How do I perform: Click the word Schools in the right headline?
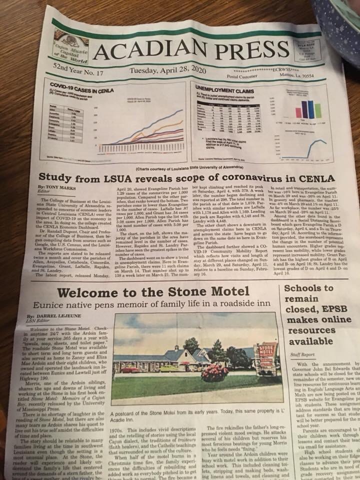[x=301, y=288]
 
